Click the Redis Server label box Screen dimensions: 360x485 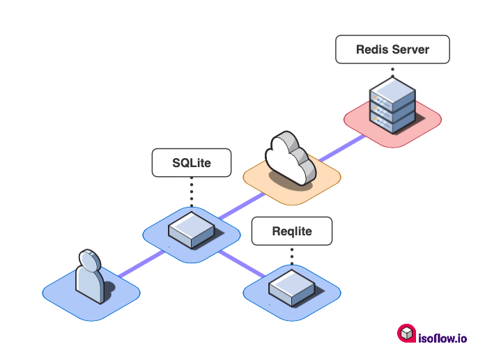392,50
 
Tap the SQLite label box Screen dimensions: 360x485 192,163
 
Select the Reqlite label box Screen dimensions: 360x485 292,231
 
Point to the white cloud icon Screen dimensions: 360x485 288,159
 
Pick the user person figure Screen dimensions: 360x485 91,277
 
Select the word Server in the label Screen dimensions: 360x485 410,50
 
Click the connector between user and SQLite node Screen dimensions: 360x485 139,261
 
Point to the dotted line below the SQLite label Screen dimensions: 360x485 192,191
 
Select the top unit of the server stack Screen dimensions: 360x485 392,89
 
